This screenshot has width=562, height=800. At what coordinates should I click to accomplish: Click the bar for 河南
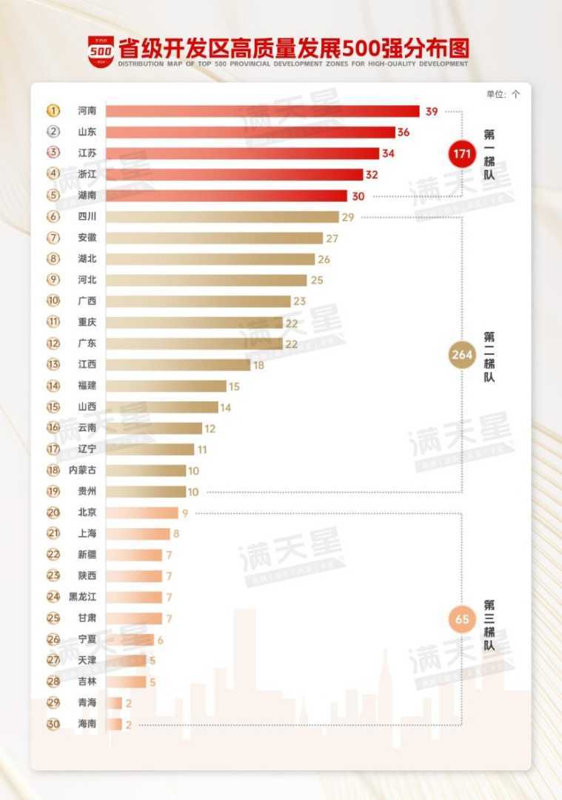coord(262,111)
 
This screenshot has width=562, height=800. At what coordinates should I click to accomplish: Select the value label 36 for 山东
coord(404,132)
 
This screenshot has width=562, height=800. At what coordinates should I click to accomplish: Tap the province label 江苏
coord(87,153)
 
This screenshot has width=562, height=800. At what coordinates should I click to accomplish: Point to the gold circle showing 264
coord(462,354)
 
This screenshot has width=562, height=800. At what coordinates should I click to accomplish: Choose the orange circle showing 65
coord(462,619)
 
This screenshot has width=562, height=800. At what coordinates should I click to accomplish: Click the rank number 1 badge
coord(53,111)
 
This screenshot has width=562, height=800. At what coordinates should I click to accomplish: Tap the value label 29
coord(348,217)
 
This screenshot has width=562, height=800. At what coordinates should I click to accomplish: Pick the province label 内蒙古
coord(82,470)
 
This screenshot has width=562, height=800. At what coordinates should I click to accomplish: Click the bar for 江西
coord(178,364)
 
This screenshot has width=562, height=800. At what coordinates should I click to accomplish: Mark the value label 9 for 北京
coord(186,512)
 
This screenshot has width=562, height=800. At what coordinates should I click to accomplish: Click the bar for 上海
coord(138,533)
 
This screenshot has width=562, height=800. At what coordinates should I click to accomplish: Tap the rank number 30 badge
coord(53,724)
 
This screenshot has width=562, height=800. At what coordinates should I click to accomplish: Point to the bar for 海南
coord(114,724)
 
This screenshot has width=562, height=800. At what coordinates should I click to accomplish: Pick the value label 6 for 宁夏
coord(160,639)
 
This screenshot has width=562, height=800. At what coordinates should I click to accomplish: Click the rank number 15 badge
coord(53,407)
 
